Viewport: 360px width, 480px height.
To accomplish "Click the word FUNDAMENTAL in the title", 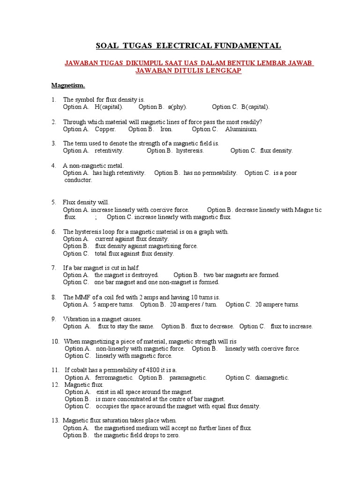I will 252,45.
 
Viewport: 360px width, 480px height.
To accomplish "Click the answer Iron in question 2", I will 166,129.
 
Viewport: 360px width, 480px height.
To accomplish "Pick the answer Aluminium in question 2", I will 241,129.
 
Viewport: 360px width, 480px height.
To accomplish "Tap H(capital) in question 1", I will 109,107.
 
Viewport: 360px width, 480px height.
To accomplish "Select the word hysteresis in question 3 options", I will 190,150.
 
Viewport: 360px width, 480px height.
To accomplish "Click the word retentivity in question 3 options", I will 109,150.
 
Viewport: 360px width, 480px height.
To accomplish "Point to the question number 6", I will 54,232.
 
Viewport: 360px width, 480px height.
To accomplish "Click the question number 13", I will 55,420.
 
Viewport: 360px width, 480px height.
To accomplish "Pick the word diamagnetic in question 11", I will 272,377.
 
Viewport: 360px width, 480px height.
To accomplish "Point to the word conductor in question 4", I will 78,180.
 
